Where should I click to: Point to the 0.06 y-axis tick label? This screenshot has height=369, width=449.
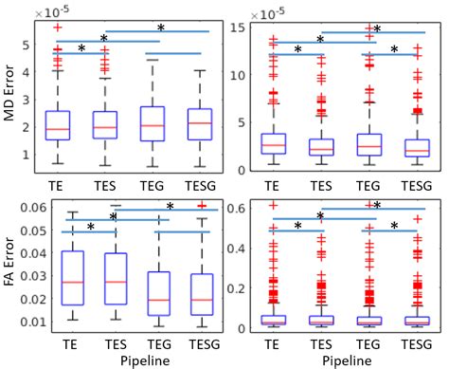click(31, 208)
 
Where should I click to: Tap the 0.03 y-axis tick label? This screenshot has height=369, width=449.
click(31, 276)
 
